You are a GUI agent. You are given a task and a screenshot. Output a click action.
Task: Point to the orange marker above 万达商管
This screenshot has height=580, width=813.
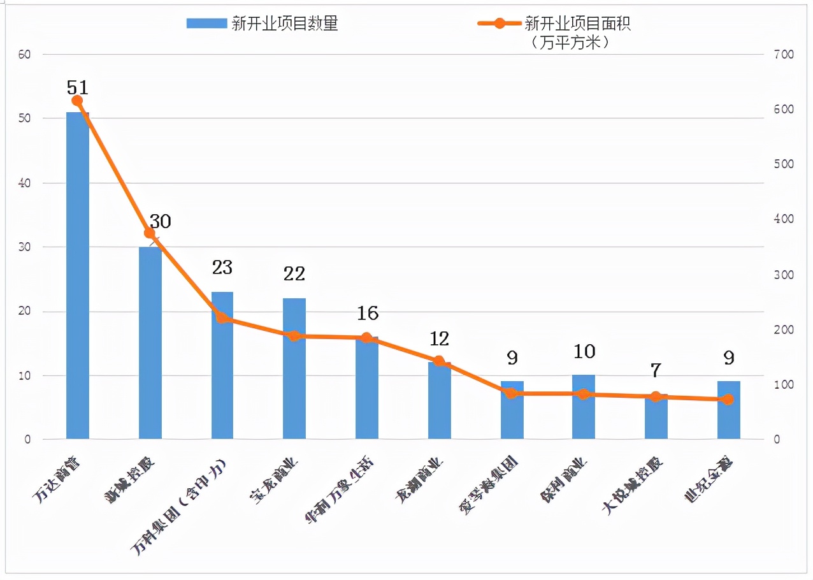[77, 101]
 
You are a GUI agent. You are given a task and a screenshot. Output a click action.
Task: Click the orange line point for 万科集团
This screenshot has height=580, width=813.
[222, 317]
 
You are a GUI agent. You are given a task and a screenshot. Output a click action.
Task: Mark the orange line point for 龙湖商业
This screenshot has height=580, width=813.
[439, 361]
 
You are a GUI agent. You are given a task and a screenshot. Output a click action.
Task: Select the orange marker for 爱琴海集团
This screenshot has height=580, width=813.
[512, 393]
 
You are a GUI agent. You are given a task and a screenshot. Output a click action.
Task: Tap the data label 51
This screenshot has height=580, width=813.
[77, 87]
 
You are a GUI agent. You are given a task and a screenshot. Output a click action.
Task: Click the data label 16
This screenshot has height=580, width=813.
[368, 313]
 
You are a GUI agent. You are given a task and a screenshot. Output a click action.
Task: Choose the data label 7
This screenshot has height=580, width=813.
[656, 370]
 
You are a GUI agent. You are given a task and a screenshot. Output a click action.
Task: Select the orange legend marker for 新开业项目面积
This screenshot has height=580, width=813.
[500, 24]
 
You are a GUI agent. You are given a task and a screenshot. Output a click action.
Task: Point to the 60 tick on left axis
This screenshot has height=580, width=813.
[25, 55]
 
